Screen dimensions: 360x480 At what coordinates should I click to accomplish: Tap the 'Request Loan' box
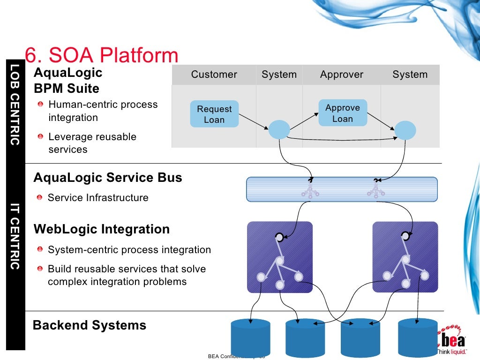[x=214, y=114]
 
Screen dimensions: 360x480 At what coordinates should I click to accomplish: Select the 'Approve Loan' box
[x=342, y=113]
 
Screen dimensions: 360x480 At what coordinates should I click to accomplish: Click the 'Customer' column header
[x=214, y=75]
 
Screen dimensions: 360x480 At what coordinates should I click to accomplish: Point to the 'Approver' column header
[x=341, y=75]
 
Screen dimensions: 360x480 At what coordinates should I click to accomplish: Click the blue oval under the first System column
[x=279, y=129]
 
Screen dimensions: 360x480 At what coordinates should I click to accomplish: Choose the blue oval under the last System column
[x=405, y=130]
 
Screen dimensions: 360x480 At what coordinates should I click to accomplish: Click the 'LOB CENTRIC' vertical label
[x=15, y=104]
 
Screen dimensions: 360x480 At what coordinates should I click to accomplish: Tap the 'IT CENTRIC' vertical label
[x=15, y=236]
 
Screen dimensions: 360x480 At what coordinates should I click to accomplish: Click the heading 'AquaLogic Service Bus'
[x=108, y=178]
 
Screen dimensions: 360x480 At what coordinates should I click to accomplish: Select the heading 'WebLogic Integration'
[x=102, y=229]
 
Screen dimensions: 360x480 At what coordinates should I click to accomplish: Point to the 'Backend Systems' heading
[x=90, y=325]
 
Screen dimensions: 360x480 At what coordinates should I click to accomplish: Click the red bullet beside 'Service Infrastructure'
[x=41, y=198]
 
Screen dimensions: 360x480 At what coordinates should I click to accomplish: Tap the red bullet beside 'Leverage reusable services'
[x=42, y=137]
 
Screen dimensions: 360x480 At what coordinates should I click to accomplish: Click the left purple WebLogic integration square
[x=280, y=257]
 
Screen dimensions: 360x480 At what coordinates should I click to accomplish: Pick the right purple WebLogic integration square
[x=405, y=257]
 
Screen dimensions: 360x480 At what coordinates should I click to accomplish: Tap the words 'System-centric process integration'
[x=129, y=250]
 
